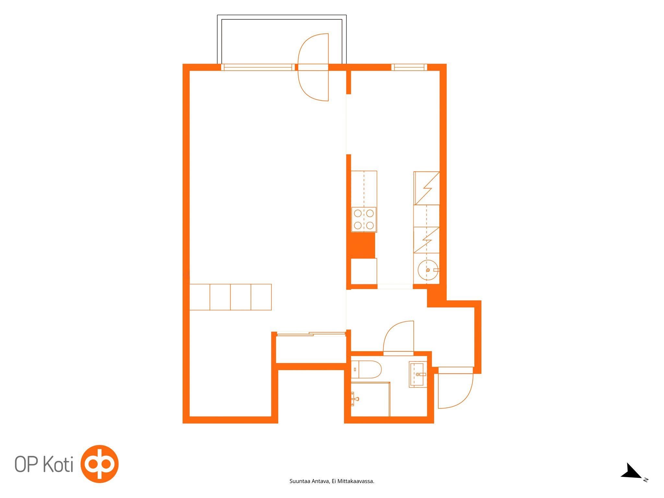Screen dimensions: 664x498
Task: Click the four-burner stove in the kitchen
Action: pos(364,219)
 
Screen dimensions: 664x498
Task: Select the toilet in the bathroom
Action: pos(366,369)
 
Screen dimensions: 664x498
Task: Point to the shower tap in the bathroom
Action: pos(355,399)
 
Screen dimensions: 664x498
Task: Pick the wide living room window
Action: pos(258,67)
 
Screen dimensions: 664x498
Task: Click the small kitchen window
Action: pos(409,67)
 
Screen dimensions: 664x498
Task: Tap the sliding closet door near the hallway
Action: pos(311,334)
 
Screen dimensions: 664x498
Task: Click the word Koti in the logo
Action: pos(58,464)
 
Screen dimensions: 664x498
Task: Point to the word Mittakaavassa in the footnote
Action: pos(356,481)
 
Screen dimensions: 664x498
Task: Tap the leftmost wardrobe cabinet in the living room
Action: pos(200,297)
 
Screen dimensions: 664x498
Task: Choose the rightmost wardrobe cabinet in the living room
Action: pos(261,297)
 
